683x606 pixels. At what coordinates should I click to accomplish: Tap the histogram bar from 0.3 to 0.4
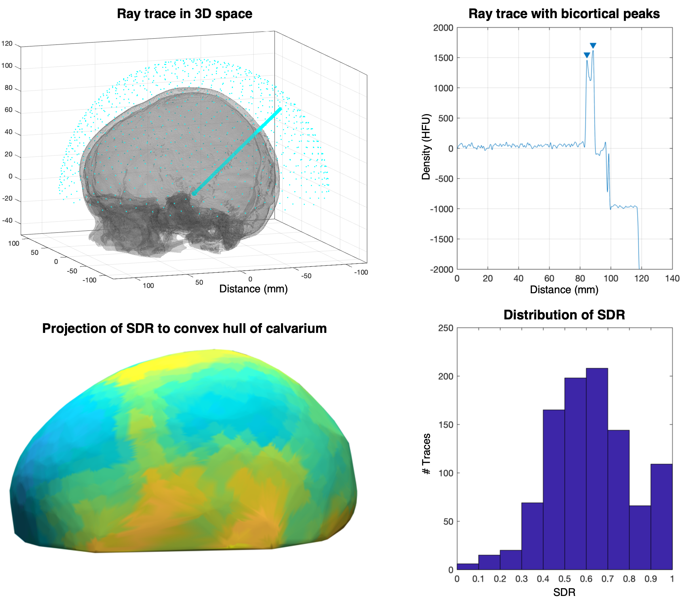click(532, 536)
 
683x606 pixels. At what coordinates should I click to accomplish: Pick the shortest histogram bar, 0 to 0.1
click(468, 566)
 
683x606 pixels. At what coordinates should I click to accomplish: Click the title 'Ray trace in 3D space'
click(184, 14)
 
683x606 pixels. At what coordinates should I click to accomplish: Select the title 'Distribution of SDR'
click(564, 315)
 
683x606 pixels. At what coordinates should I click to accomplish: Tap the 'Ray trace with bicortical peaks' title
click(564, 14)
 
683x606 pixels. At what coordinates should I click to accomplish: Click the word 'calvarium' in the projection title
click(296, 329)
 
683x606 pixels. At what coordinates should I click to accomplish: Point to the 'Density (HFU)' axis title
click(426, 147)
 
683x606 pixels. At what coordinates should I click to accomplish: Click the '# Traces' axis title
click(426, 454)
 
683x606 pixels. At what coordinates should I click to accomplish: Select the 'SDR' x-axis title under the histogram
click(564, 592)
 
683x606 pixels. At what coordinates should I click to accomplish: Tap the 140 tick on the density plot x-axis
click(672, 279)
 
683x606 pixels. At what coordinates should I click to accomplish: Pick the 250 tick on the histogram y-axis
click(445, 328)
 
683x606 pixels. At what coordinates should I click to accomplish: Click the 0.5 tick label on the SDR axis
click(564, 579)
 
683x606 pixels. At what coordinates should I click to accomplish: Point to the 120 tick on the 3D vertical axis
click(7, 44)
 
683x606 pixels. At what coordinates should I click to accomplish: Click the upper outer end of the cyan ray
click(280, 109)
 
